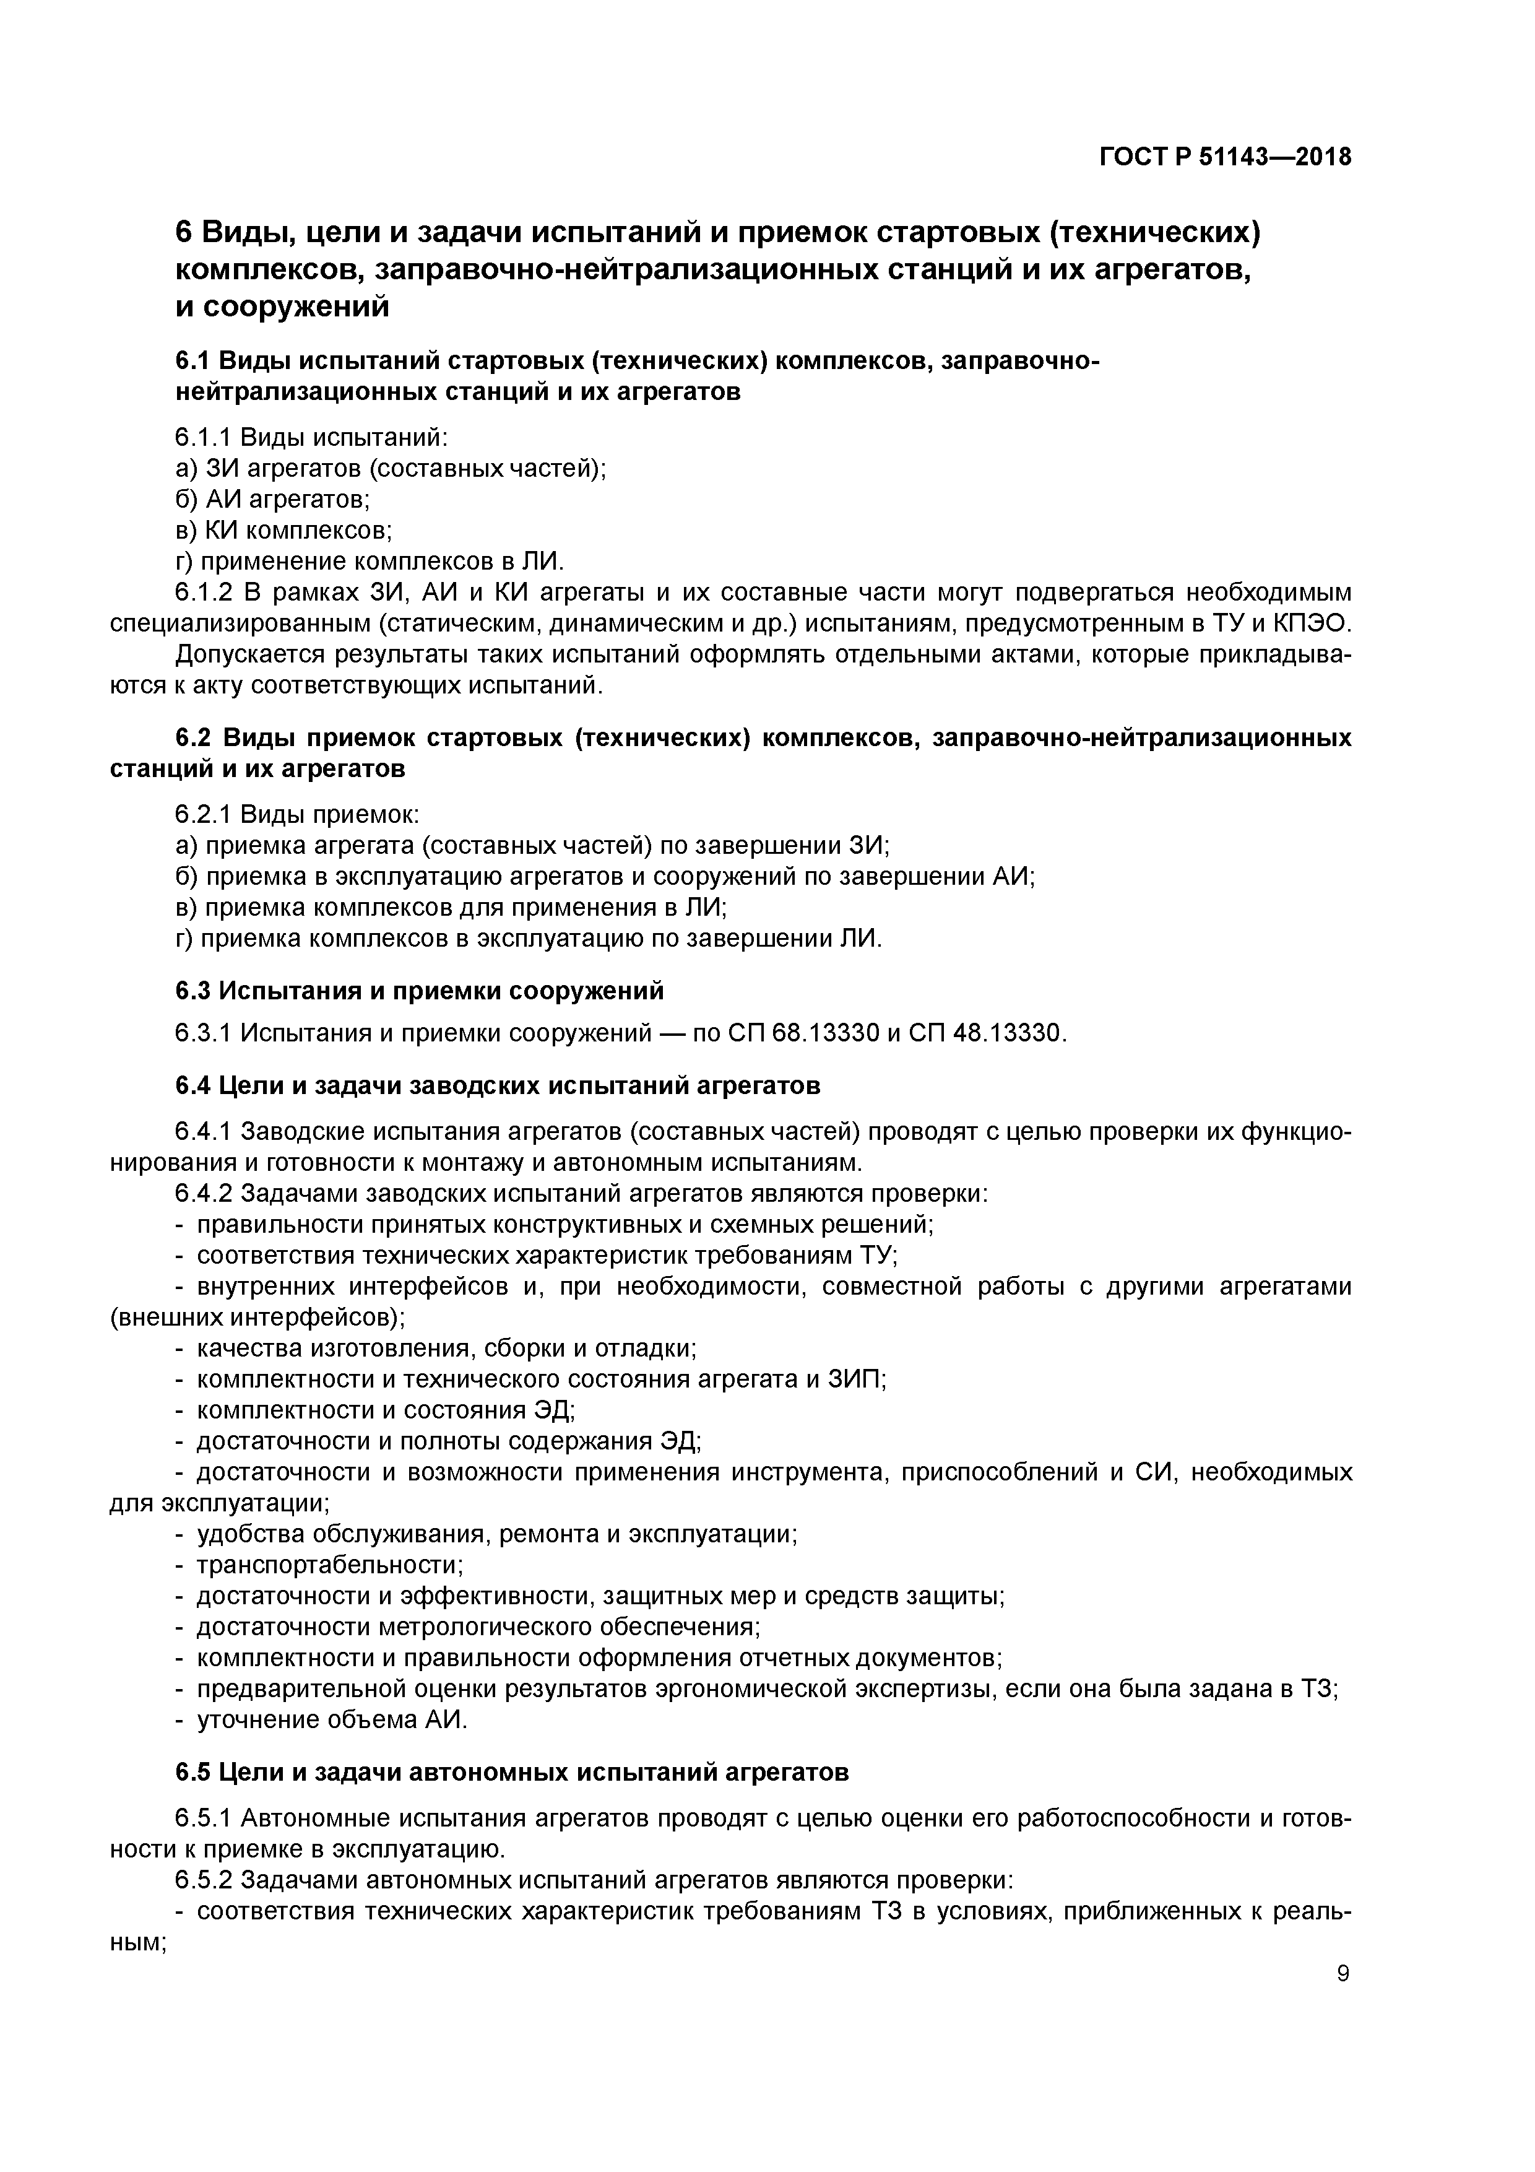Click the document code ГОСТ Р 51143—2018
[1225, 157]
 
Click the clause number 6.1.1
[204, 437]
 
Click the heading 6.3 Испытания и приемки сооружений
[419, 991]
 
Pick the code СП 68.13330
[802, 1033]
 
